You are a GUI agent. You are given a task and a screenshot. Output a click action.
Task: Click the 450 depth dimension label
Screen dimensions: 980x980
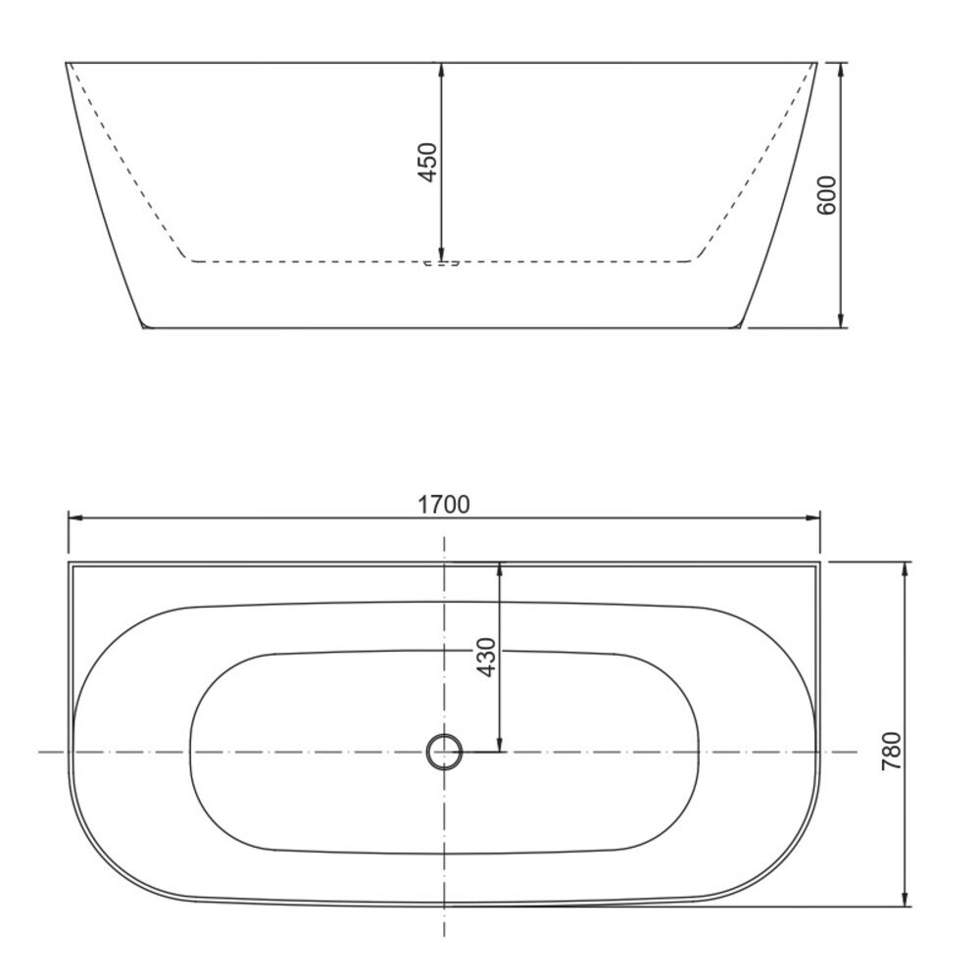(427, 163)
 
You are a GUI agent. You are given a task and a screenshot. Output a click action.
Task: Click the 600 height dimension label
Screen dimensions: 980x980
(826, 195)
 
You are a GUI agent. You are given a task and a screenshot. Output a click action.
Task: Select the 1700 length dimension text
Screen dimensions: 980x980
(443, 505)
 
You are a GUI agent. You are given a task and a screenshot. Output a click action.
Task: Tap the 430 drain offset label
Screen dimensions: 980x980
(486, 657)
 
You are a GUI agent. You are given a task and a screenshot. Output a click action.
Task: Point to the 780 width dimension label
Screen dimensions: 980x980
(891, 751)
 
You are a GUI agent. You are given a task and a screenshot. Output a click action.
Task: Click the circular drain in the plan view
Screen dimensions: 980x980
(444, 752)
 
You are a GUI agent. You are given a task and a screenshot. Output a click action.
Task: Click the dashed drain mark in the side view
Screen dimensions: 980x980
(441, 263)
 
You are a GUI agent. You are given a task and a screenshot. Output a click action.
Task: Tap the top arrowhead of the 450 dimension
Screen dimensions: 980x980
(441, 70)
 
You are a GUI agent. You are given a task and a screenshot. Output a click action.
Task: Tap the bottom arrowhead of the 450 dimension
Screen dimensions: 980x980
(441, 254)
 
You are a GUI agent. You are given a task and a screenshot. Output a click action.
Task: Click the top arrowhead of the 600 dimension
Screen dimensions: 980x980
(841, 70)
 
